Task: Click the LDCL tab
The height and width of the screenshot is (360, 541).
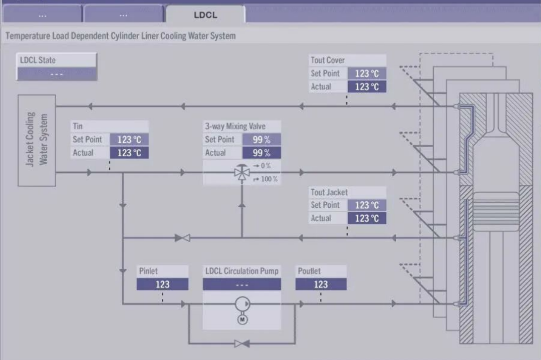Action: pyautogui.click(x=205, y=15)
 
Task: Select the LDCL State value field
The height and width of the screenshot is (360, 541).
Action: pyautogui.click(x=56, y=74)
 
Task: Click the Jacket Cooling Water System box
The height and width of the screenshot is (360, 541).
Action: pyautogui.click(x=37, y=140)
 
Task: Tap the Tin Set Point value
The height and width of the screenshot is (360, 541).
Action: pyautogui.click(x=129, y=140)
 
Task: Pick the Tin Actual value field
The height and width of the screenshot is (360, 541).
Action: pyautogui.click(x=129, y=153)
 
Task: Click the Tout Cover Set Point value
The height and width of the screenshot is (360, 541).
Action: pyautogui.click(x=367, y=74)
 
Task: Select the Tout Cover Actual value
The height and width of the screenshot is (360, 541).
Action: pyautogui.click(x=367, y=87)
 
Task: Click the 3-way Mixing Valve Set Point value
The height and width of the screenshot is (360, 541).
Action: pyautogui.click(x=261, y=140)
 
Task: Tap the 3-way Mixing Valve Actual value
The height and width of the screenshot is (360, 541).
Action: pyautogui.click(x=261, y=153)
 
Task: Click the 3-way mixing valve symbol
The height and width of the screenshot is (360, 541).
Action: pyautogui.click(x=241, y=173)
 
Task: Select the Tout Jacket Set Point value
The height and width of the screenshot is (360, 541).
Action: pyautogui.click(x=367, y=205)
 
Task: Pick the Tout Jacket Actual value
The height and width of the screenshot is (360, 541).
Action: pyautogui.click(x=367, y=218)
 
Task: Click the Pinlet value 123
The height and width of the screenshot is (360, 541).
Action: pyautogui.click(x=162, y=284)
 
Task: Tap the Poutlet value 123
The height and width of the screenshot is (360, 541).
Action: pyautogui.click(x=321, y=284)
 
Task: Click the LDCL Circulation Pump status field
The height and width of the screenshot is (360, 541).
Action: pyautogui.click(x=241, y=284)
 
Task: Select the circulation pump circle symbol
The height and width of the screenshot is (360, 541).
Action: pyautogui.click(x=242, y=304)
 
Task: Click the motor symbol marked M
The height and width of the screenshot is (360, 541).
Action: pyautogui.click(x=242, y=319)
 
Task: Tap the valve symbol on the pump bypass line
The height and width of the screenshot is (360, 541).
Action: pyautogui.click(x=242, y=343)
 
